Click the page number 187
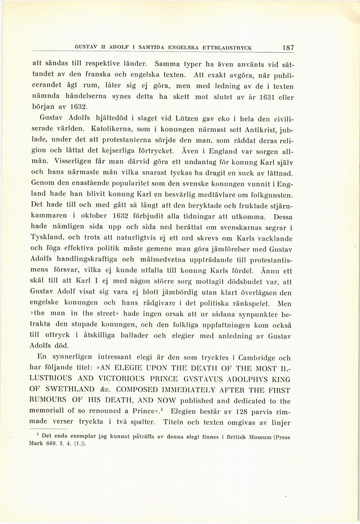click(x=288, y=48)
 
